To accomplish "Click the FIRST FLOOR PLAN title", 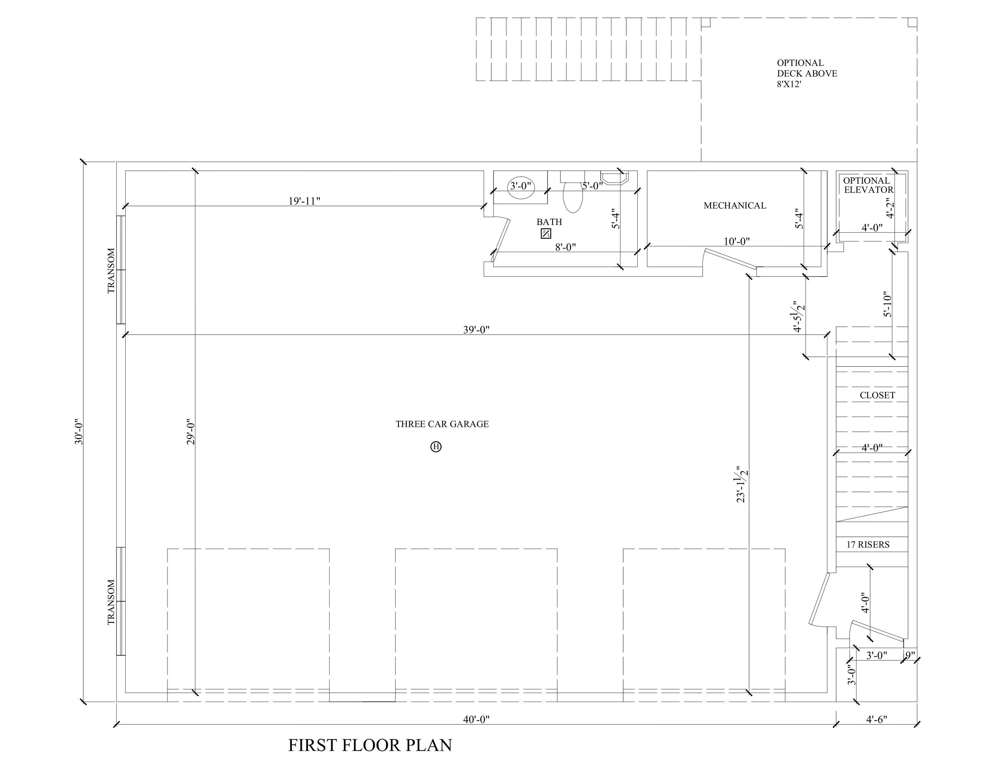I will click(x=370, y=745).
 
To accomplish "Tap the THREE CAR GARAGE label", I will click(x=442, y=424).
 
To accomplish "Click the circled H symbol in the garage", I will click(x=436, y=446).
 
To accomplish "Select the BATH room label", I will click(x=549, y=222).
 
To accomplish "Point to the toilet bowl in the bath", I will click(x=573, y=198).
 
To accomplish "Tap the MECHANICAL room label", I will click(x=735, y=206).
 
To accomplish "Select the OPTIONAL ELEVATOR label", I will click(x=868, y=185).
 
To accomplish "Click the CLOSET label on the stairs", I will click(x=877, y=395).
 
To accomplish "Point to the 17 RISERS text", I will click(x=868, y=545).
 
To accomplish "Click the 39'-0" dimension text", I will click(x=476, y=330).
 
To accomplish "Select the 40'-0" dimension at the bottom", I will click(x=476, y=720).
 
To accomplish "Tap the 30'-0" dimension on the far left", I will click(x=79, y=431).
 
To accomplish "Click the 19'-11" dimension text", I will click(x=304, y=201).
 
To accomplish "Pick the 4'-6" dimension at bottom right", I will click(x=876, y=720).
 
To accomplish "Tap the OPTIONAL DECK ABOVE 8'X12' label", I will click(x=807, y=73).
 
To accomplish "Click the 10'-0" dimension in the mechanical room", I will click(x=736, y=241).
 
